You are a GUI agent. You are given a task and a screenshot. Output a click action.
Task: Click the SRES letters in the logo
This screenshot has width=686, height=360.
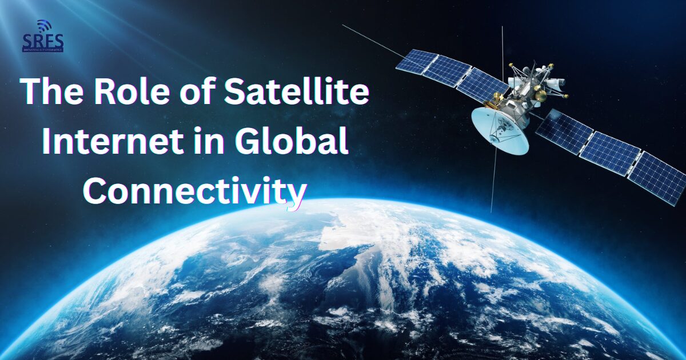tap(43, 41)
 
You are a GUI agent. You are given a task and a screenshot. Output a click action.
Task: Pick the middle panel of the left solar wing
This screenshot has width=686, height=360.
tap(448, 71)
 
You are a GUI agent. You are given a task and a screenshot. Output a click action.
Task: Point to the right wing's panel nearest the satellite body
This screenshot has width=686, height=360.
tap(564, 131)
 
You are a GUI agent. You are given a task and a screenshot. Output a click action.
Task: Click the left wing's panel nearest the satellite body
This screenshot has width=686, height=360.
tap(481, 84)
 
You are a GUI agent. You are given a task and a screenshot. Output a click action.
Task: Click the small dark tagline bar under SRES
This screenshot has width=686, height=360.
tap(43, 50)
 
